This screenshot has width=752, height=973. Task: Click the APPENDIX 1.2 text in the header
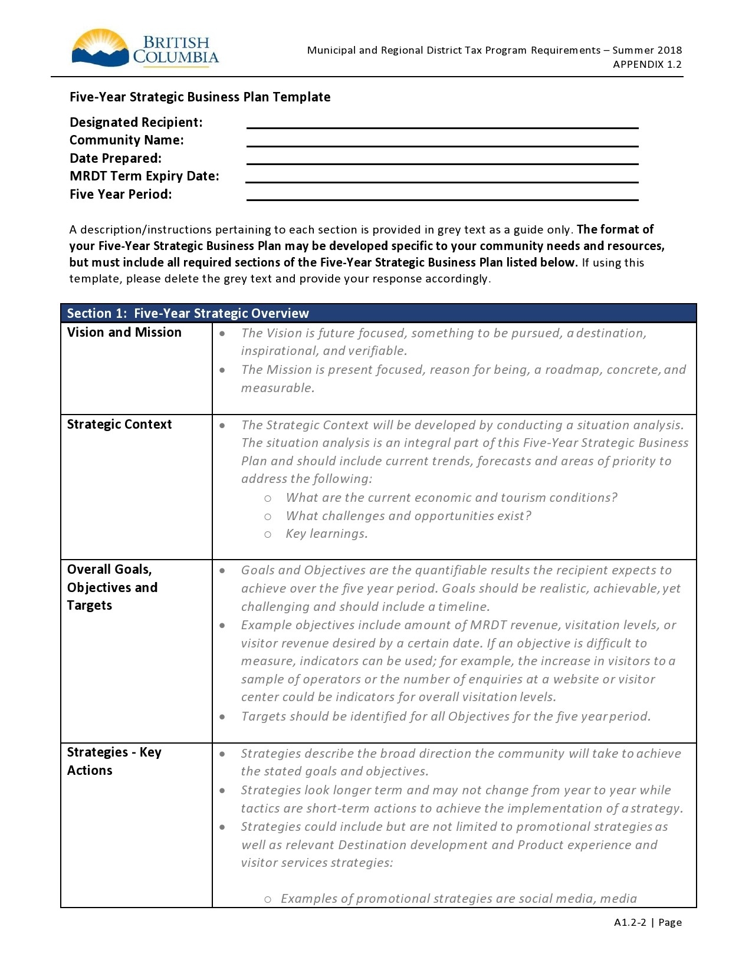pyautogui.click(x=647, y=64)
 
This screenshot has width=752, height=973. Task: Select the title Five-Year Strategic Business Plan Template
pyautogui.click(x=200, y=97)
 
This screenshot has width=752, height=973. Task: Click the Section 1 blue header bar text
pyautogui.click(x=188, y=313)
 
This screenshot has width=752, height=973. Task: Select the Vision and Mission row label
pyautogui.click(x=124, y=332)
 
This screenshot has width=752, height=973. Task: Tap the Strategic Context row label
pyautogui.click(x=119, y=424)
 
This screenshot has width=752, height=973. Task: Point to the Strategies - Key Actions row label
pyautogui.click(x=114, y=761)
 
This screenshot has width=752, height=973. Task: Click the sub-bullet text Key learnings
pyautogui.click(x=327, y=534)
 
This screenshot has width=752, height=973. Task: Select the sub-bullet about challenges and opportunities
pyautogui.click(x=408, y=516)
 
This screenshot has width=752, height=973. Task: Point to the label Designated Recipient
pyautogui.click(x=136, y=122)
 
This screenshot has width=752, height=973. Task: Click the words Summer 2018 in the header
pyautogui.click(x=647, y=50)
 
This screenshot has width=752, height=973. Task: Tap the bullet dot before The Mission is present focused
pyautogui.click(x=222, y=370)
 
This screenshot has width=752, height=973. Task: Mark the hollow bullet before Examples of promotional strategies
pyautogui.click(x=268, y=899)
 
